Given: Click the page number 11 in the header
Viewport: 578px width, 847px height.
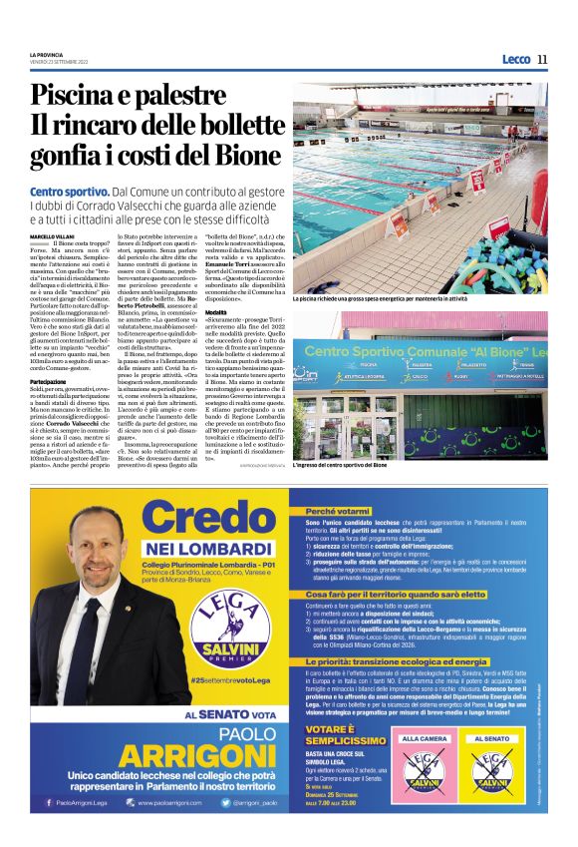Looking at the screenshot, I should click(x=543, y=59).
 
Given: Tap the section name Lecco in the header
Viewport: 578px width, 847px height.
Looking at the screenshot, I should click(x=515, y=59).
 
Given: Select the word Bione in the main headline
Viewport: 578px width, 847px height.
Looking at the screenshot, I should click(x=252, y=157).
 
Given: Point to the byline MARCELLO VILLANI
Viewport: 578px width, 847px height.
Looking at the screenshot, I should click(x=52, y=236).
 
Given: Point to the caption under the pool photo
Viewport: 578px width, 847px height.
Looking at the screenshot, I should click(x=381, y=297).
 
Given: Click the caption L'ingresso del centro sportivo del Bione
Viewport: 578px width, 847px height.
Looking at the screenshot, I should click(x=379, y=466).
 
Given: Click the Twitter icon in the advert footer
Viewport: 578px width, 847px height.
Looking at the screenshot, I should click(x=227, y=801).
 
